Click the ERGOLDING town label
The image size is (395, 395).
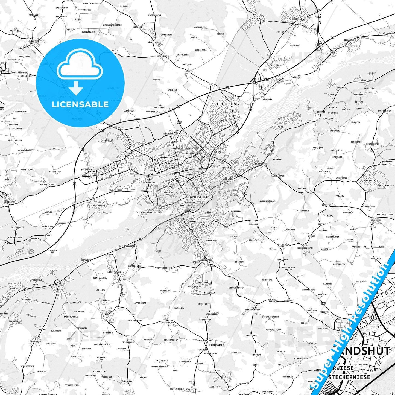228,104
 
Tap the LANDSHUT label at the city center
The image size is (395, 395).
197,197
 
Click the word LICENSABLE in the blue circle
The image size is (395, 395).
80,104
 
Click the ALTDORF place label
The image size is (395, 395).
130,154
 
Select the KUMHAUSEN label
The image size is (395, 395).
206,260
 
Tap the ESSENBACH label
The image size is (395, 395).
297,19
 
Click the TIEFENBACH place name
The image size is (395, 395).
115,272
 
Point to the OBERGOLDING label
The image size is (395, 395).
135,266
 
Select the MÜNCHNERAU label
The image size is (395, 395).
99,205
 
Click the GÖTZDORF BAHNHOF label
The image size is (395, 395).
273,300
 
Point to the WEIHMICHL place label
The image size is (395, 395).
34,42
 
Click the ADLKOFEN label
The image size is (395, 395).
370,180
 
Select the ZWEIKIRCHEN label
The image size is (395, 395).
168,323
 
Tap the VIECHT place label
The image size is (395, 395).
61,285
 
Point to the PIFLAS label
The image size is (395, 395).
218,152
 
